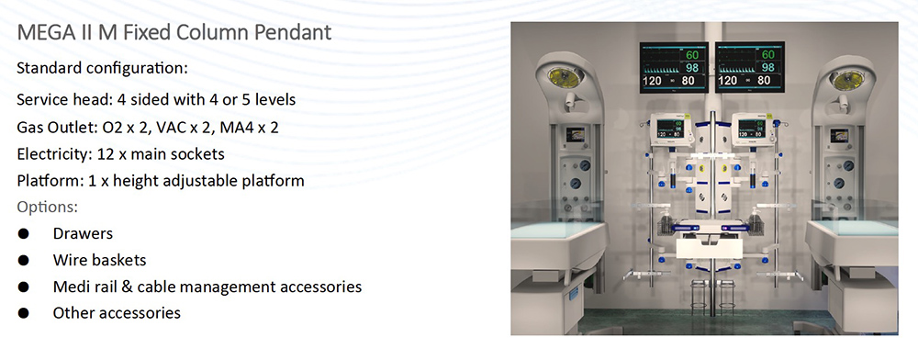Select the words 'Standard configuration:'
point(103,68)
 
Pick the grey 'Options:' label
point(48,208)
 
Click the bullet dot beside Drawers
point(24,233)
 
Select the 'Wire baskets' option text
point(99,260)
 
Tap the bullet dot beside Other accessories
point(24,313)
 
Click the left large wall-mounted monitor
point(674,67)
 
